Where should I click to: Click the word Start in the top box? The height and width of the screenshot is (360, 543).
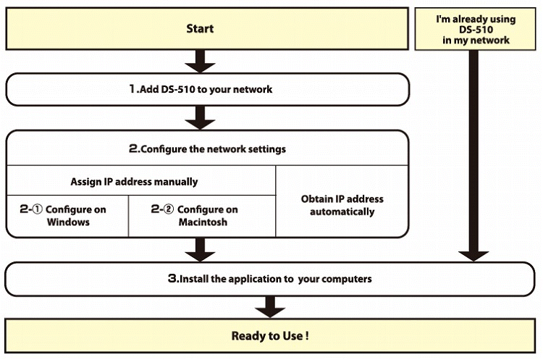(x=200, y=28)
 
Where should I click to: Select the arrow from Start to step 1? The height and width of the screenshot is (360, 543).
(x=200, y=61)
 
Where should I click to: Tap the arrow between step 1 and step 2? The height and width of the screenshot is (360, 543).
(x=200, y=118)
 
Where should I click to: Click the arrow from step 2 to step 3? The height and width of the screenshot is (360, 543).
(x=200, y=249)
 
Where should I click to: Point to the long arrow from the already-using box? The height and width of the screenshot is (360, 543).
(x=473, y=155)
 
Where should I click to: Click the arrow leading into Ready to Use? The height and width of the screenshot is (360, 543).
(x=270, y=307)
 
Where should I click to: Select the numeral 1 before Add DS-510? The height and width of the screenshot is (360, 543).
(x=132, y=88)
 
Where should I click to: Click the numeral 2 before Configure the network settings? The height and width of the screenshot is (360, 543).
(x=133, y=148)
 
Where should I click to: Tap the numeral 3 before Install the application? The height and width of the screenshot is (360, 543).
(x=172, y=278)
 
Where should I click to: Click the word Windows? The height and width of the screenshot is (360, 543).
(x=68, y=222)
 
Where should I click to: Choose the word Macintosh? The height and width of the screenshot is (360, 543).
(x=203, y=222)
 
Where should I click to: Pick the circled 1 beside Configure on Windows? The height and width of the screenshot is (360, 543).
(x=38, y=209)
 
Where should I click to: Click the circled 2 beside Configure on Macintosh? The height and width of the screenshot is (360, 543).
(x=169, y=209)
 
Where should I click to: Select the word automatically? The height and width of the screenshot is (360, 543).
(x=342, y=212)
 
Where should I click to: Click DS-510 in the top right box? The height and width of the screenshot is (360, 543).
(x=476, y=30)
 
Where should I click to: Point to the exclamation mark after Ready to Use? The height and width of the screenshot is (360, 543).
(x=307, y=335)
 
